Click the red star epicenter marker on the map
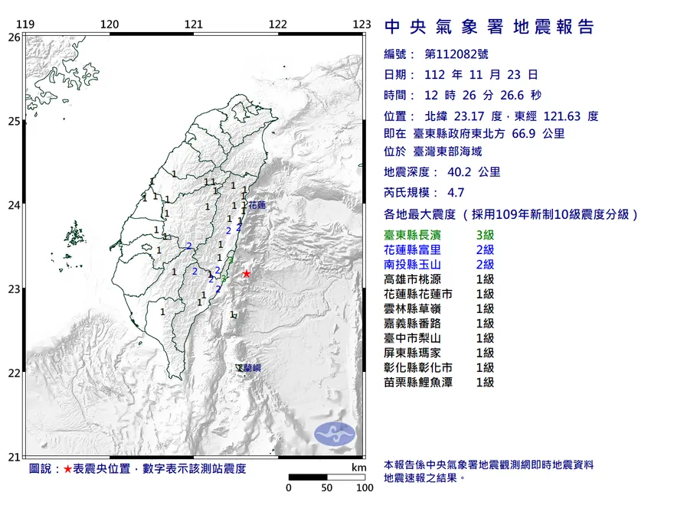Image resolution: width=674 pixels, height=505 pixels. [247, 273]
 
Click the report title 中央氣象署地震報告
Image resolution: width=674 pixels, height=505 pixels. [489, 28]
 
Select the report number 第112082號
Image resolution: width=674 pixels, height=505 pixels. [455, 54]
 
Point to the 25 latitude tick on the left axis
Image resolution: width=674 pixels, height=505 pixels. [14, 121]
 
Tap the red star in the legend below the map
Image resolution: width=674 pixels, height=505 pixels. [67, 468]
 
